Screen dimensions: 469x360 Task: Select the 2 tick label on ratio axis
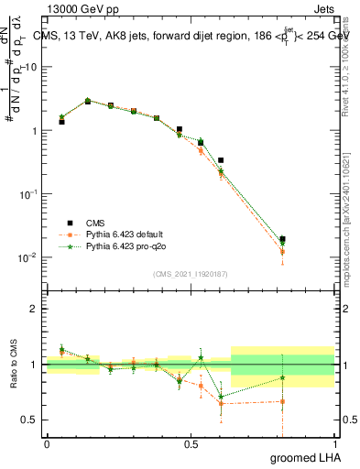point(33,309)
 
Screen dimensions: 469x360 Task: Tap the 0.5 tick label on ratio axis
point(29,420)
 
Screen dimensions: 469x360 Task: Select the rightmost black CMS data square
point(282,239)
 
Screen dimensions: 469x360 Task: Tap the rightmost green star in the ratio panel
point(282,377)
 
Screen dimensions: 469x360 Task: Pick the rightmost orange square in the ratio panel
point(282,401)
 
